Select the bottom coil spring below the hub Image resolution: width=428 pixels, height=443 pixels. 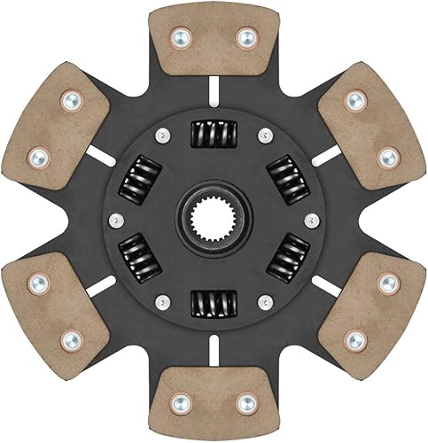(x=213, y=303)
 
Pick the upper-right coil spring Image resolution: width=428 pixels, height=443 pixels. (x=284, y=177)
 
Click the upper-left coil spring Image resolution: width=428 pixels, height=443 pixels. (x=141, y=177)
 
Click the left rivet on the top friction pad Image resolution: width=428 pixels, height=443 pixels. (x=181, y=38)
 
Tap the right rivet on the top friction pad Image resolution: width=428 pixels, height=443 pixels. (x=244, y=38)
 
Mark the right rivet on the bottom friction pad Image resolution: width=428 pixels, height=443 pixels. (x=245, y=403)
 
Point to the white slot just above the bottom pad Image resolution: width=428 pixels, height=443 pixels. (x=213, y=350)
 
